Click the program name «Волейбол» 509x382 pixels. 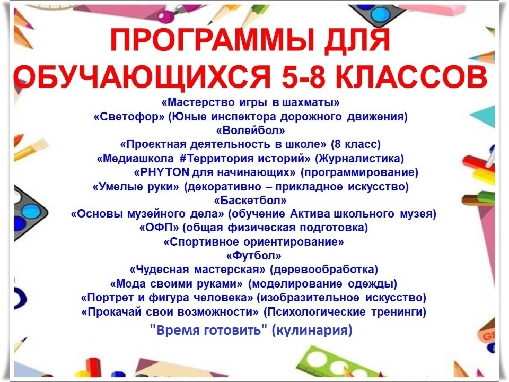click(x=250, y=131)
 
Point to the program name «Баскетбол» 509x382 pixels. click(x=250, y=201)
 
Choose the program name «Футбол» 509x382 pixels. click(x=253, y=256)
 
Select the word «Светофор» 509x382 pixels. click(x=129, y=117)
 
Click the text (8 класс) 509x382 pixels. click(x=355, y=144)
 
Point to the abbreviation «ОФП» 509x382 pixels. click(x=159, y=228)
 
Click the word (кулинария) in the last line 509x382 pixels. click(x=312, y=331)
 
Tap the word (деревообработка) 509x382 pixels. click(x=324, y=270)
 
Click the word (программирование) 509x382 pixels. click(x=359, y=172)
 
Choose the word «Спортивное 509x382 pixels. click(x=201, y=242)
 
